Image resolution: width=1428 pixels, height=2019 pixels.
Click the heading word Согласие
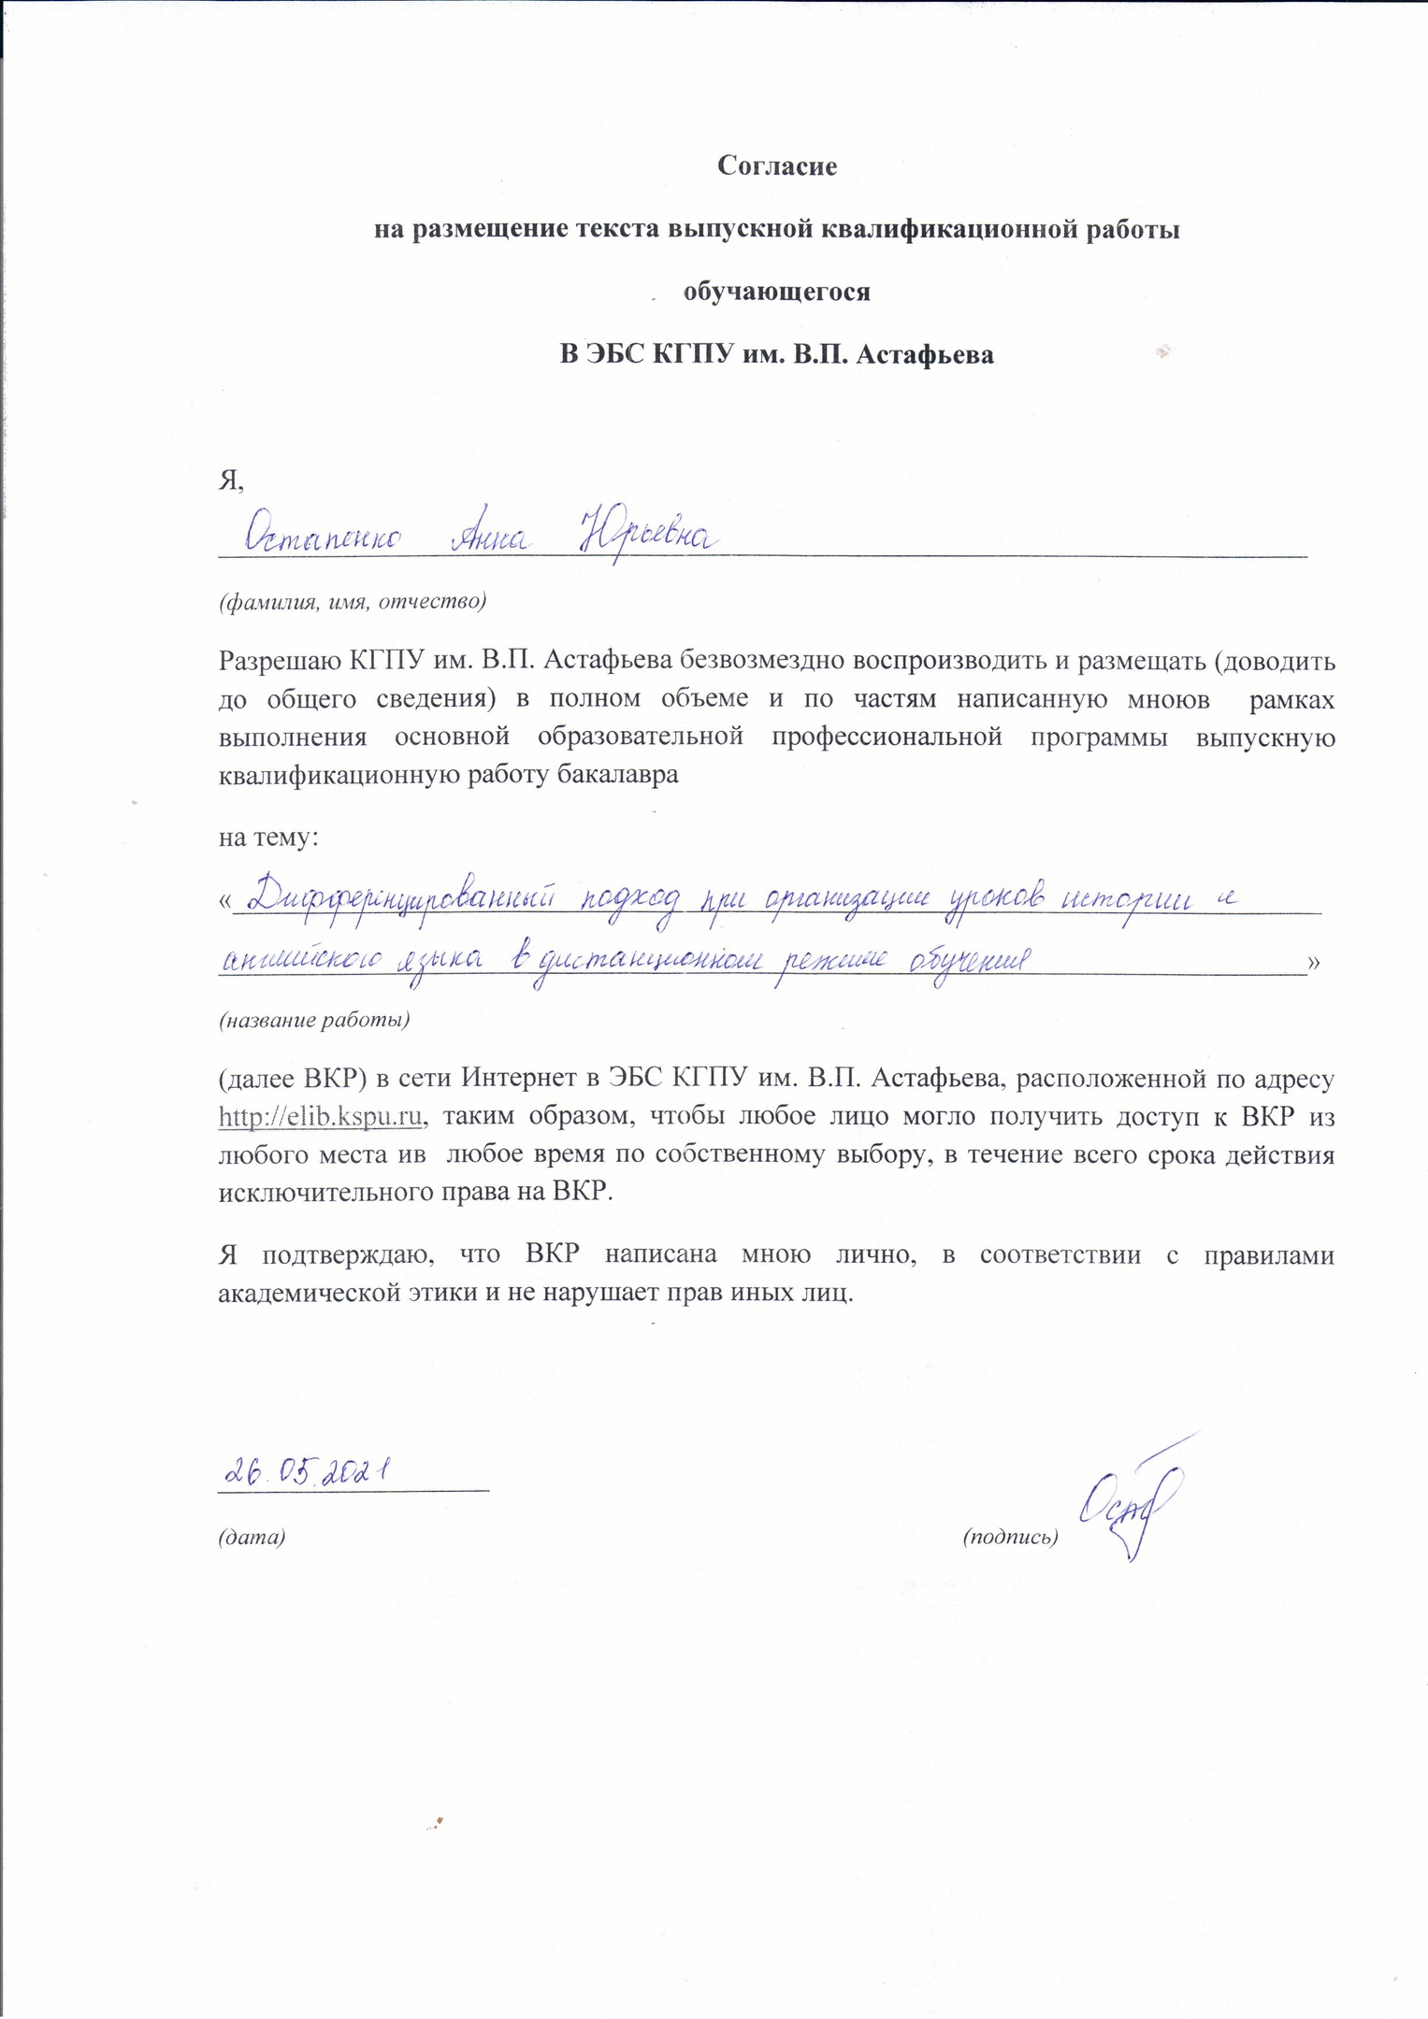[x=776, y=166]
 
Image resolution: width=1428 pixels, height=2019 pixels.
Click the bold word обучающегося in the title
[x=776, y=292]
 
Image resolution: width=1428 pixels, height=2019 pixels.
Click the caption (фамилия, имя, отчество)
[x=352, y=601]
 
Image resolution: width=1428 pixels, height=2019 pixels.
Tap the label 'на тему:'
[x=268, y=837]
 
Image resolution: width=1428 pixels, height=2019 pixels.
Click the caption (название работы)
[x=313, y=1020]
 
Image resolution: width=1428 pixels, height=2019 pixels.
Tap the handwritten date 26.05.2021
[x=305, y=1474]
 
